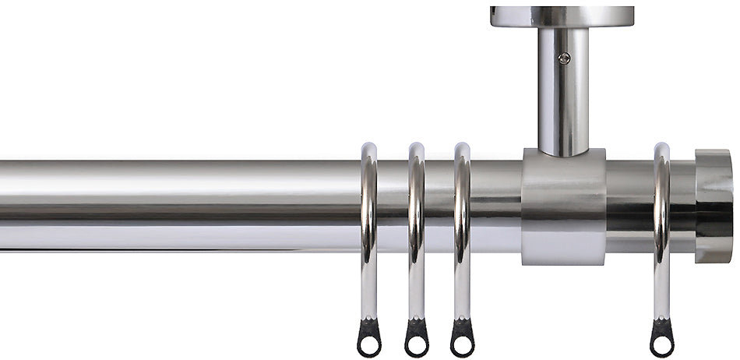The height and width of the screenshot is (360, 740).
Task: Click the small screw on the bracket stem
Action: point(565,58)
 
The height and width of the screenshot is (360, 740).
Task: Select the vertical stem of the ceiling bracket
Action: point(563,94)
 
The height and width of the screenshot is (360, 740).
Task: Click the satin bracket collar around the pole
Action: point(563,206)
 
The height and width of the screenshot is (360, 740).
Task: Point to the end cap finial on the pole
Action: point(714,206)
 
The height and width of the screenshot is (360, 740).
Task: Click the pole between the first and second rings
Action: point(393,206)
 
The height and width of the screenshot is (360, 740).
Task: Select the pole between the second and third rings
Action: point(439,206)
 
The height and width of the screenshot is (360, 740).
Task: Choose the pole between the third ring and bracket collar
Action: point(495,206)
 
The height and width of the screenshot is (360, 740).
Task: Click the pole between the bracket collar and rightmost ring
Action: point(629,206)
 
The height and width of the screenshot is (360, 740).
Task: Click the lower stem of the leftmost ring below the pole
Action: point(369,288)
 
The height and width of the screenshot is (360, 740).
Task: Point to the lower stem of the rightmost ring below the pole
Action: point(662,288)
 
